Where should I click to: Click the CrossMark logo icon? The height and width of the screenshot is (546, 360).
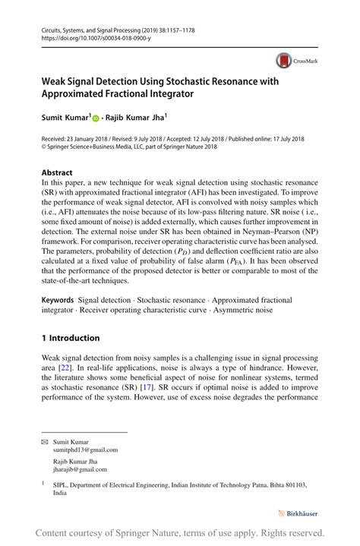[285, 61]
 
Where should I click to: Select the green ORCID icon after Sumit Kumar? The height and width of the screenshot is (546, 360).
[96, 119]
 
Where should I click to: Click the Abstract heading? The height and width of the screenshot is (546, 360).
[57, 172]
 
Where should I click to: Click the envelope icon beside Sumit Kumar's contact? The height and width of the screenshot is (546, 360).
[44, 442]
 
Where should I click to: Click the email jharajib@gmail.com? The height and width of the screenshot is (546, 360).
[77, 469]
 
